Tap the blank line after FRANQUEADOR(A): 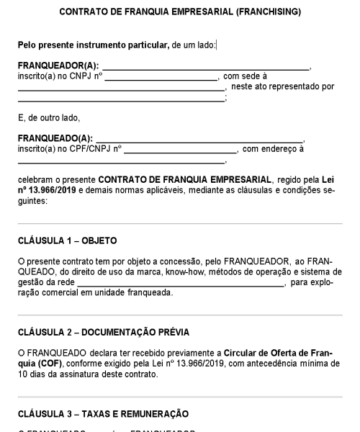click(x=205, y=68)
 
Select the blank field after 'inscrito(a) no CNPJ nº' click(x=162, y=78)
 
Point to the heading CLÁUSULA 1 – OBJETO click(x=67, y=240)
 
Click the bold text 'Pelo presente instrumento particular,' click(x=93, y=45)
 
